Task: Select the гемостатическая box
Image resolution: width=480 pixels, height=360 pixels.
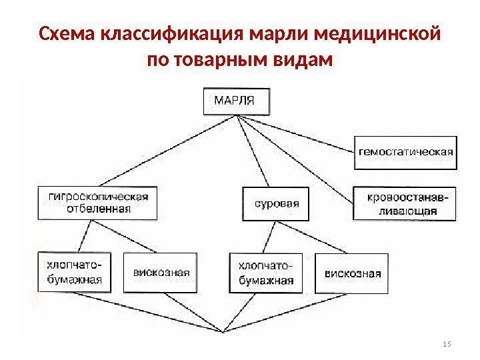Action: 405,151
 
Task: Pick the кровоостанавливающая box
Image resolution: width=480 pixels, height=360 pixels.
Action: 405,202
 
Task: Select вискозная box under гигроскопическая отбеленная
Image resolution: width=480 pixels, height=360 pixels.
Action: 161,272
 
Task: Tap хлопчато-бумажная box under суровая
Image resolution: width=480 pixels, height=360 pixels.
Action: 265,272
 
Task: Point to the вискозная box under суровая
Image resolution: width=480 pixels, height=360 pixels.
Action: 353,272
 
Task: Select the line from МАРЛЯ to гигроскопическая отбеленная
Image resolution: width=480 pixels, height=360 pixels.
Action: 173,149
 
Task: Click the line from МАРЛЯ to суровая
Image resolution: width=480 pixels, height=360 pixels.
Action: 253,150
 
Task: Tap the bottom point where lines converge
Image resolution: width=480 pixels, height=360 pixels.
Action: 222,331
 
